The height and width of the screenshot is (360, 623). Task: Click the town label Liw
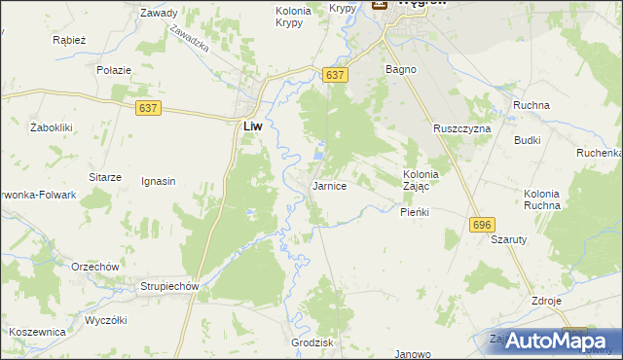click(251, 126)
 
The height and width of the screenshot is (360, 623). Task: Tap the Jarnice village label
click(329, 185)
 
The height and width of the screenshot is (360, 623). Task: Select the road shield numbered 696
click(480, 225)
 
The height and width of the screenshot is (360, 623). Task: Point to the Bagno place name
click(401, 70)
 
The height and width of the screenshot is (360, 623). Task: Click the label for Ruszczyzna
click(462, 128)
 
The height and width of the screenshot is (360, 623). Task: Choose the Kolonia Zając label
click(421, 181)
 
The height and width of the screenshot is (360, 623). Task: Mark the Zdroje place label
click(546, 301)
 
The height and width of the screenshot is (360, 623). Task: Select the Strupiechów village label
click(169, 287)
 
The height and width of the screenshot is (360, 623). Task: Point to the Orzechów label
click(94, 267)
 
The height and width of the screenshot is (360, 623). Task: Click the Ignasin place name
click(158, 181)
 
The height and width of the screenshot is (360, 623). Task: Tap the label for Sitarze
click(104, 177)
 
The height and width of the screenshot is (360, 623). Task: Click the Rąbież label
click(71, 41)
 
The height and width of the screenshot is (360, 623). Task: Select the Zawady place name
click(159, 14)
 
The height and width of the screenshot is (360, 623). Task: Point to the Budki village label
click(528, 140)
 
